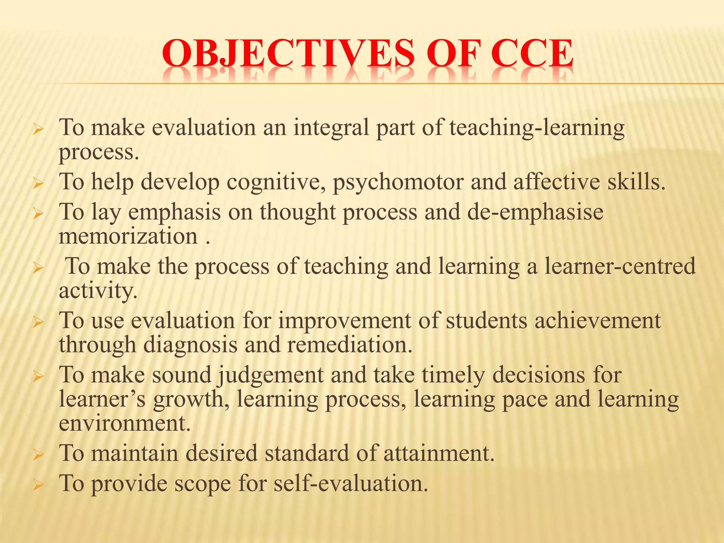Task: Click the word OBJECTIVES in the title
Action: (288, 54)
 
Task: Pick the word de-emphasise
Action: (535, 212)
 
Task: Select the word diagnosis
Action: (191, 345)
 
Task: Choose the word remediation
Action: (350, 345)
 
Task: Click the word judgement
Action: (271, 375)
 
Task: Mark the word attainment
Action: (439, 453)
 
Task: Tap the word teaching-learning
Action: (537, 128)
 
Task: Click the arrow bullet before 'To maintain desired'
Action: (37, 455)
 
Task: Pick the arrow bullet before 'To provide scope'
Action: (37, 485)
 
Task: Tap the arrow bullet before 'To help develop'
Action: (37, 184)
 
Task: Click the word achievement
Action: (597, 321)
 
